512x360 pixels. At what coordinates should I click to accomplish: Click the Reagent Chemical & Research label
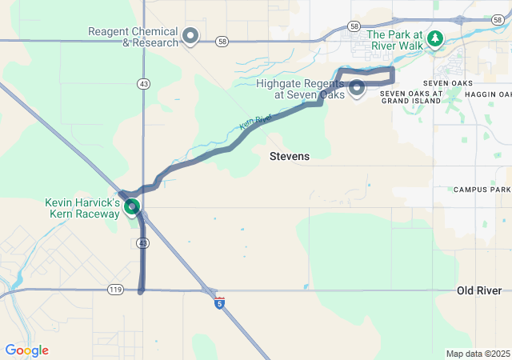[x=134, y=37]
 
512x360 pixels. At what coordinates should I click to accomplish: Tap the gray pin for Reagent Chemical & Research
[x=190, y=35]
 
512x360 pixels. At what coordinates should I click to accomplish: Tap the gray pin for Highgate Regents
[x=357, y=87]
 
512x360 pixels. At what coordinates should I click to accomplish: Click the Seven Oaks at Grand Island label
[x=410, y=97]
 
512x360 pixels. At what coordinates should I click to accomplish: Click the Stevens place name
[x=289, y=156]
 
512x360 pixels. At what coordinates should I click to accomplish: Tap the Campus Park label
[x=482, y=190]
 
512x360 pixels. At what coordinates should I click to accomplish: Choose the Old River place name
[x=479, y=290]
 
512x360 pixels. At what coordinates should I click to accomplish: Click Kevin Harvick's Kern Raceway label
[x=82, y=209]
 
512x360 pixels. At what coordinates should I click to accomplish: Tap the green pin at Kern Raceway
[x=133, y=206]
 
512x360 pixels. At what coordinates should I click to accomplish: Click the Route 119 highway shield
[x=114, y=289]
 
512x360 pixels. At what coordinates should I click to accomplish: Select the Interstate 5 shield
[x=219, y=302]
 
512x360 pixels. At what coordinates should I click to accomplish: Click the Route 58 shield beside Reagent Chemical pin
[x=222, y=41]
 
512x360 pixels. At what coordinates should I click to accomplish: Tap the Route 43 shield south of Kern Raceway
[x=142, y=242]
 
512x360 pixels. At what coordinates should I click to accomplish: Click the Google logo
[x=26, y=350]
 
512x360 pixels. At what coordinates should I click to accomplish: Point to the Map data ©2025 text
[x=478, y=354]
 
